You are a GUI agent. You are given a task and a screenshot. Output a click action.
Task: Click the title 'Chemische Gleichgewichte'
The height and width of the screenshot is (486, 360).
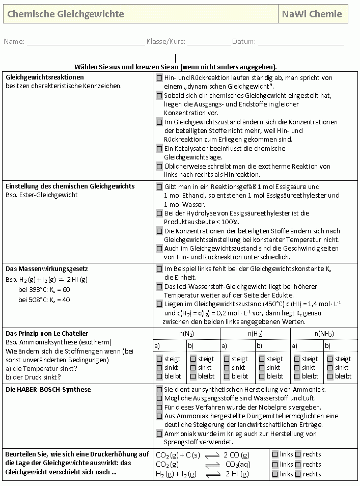tap(66, 14)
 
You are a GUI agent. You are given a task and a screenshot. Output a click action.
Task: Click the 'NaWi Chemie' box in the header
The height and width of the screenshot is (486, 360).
tap(312, 14)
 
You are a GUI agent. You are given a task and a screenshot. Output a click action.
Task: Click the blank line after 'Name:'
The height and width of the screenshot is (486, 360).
tap(86, 42)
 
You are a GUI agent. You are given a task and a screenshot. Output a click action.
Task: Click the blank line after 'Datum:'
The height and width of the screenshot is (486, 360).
tap(301, 42)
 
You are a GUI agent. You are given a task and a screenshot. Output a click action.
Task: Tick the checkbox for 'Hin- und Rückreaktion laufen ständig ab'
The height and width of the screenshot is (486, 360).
tap(159, 78)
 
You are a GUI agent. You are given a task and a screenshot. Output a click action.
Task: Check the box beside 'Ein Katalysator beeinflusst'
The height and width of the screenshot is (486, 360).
tap(159, 149)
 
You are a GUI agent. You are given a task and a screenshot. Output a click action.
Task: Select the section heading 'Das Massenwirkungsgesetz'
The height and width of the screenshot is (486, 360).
tap(40, 268)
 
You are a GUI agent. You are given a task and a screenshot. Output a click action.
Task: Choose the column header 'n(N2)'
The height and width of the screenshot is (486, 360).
tap(186, 334)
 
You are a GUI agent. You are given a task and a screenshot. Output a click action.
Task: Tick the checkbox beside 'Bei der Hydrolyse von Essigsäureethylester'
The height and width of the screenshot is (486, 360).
tap(159, 213)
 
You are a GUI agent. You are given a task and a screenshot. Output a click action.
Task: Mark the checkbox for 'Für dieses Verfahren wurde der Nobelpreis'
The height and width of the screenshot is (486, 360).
tap(159, 408)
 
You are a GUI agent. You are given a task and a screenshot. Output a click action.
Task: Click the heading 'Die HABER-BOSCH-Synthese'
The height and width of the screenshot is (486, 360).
tap(48, 390)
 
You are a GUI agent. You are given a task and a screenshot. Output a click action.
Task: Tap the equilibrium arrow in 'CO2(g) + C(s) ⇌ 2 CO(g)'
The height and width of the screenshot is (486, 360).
tap(212, 455)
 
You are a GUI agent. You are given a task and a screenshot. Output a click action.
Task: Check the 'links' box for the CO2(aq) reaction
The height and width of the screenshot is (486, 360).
tap(275, 464)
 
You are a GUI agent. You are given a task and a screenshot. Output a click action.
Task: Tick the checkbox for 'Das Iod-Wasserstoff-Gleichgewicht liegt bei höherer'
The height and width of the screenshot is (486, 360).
tap(159, 287)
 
